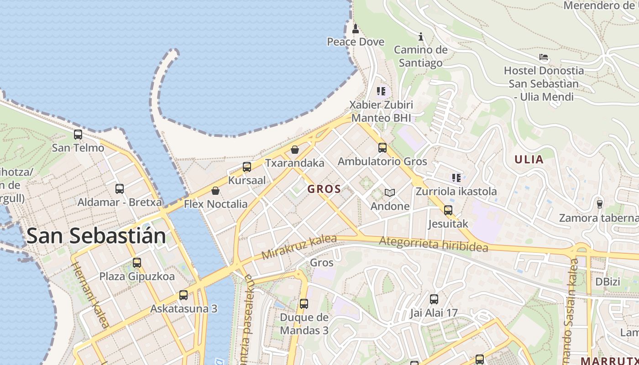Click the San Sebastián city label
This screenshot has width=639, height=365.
(96, 236)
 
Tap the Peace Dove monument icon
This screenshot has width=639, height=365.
(356, 29)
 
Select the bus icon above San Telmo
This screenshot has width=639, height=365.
(78, 135)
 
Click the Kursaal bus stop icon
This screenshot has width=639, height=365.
(247, 167)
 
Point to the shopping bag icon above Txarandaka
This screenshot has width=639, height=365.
(295, 150)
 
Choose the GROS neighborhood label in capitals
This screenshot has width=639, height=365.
(324, 189)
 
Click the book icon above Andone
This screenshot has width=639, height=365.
(389, 193)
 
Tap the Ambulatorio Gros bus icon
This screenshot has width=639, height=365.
(382, 148)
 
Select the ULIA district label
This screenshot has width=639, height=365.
(529, 160)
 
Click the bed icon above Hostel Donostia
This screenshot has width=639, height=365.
(543, 57)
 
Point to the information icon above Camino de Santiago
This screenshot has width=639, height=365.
(421, 36)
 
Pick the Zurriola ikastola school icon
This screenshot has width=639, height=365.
(456, 178)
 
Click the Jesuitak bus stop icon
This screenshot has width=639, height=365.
(448, 210)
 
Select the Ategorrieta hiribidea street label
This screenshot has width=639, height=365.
(433, 244)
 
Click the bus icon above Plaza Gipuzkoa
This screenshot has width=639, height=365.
(137, 263)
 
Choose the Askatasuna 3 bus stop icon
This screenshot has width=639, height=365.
(183, 295)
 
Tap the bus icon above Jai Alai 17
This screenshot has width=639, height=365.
(434, 300)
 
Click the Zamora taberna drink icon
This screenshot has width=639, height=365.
(600, 204)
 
